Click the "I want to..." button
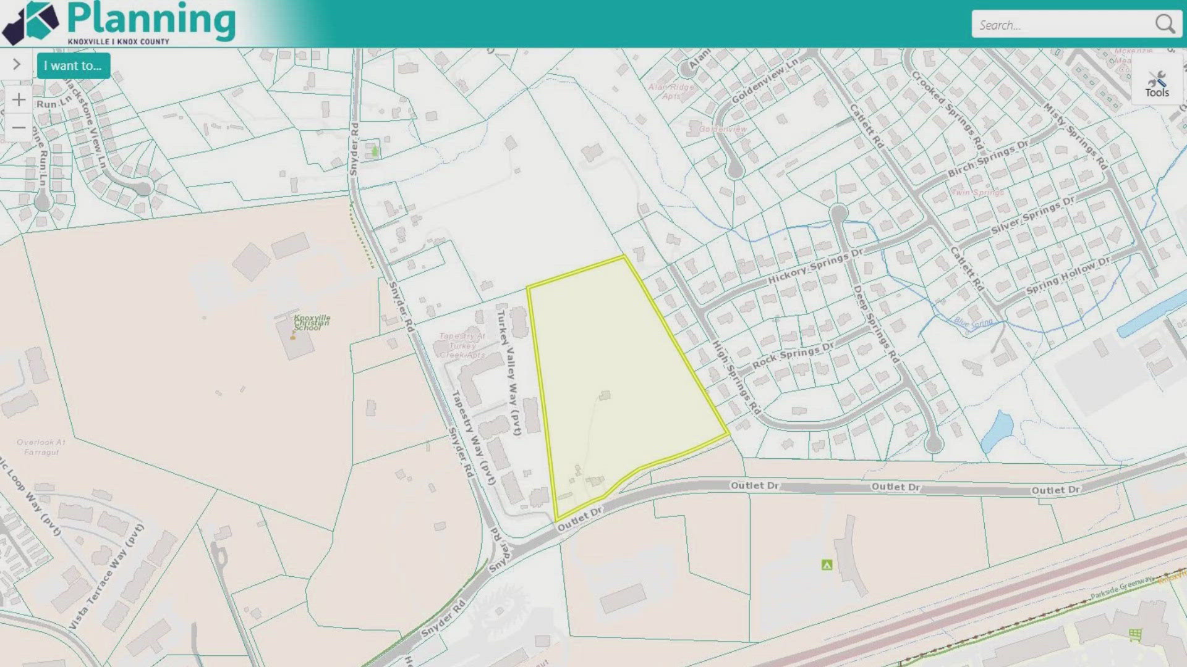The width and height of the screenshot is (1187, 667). (x=73, y=66)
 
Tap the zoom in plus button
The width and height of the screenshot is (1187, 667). (x=19, y=100)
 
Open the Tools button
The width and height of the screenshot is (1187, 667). (x=1157, y=85)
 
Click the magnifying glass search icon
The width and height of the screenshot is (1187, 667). (x=1165, y=24)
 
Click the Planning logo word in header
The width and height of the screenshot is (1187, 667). (x=151, y=20)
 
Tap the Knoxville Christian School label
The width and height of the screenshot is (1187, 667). (x=312, y=322)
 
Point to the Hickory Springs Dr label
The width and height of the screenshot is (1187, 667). (x=815, y=267)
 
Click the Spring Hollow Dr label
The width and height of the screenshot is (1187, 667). (x=1068, y=275)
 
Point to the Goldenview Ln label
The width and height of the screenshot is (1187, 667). (x=765, y=81)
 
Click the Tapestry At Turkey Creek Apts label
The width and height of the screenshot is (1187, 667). (x=462, y=345)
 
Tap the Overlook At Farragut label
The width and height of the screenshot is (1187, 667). (x=41, y=447)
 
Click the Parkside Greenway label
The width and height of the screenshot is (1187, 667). (x=1121, y=587)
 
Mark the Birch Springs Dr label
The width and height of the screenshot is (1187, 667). (x=988, y=159)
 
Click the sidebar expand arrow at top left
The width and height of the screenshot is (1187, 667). (x=17, y=64)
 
